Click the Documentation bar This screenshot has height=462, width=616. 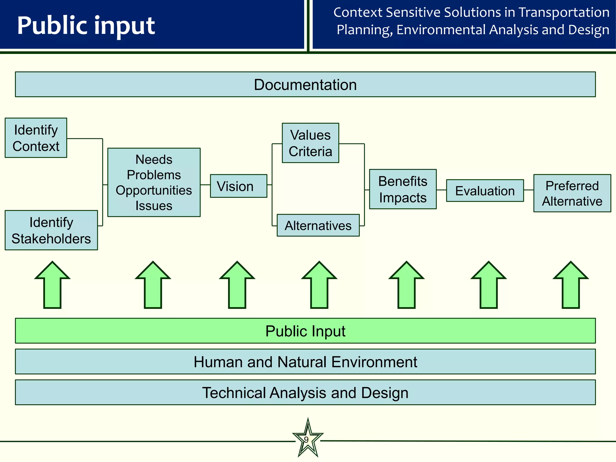click(305, 85)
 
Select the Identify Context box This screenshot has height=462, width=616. click(36, 138)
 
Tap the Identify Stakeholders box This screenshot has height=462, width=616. click(51, 230)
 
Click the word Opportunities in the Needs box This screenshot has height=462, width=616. click(154, 190)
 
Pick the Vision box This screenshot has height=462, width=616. click(238, 186)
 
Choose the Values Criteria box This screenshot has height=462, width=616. click(310, 143)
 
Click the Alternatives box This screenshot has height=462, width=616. click(318, 225)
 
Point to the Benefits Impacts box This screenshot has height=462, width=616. click(403, 189)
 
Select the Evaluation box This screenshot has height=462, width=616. click(485, 191)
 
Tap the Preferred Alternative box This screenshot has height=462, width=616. click(572, 193)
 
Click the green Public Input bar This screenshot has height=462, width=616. click(305, 331)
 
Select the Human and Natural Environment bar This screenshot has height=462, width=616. click(305, 362)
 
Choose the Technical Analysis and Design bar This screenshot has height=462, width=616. click(305, 393)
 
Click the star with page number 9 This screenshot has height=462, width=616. click(308, 440)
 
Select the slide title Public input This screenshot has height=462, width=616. click(86, 25)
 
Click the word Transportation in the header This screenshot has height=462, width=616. click(564, 13)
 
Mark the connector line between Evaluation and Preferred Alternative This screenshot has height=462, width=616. click(528, 190)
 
